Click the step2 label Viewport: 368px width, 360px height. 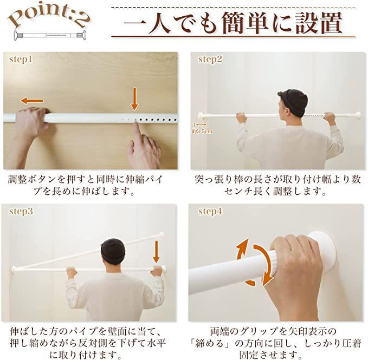[x=210, y=59]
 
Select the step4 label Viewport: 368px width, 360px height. [x=210, y=211]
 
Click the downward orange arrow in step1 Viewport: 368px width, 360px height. [x=134, y=99]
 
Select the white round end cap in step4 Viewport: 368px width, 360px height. [x=325, y=249]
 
